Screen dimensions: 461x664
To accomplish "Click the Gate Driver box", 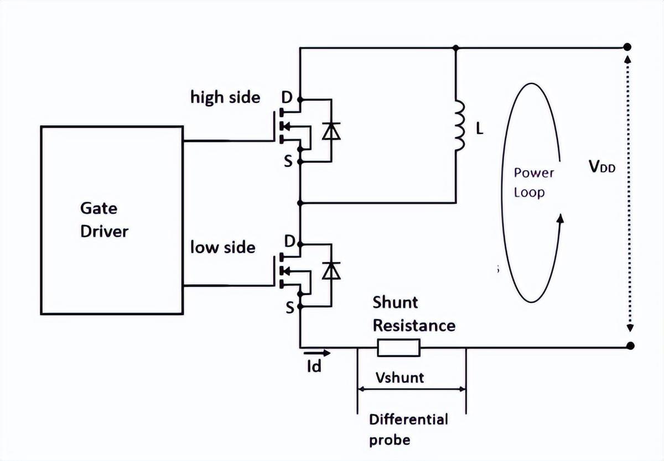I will coord(111,220).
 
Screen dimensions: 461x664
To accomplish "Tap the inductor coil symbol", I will coord(459,127).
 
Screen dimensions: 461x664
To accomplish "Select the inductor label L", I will coord(479,129).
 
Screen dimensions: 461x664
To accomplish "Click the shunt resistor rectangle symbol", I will coord(398,347).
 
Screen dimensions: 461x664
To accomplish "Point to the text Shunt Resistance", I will coord(413,314).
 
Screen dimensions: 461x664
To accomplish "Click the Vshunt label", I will coord(400,378).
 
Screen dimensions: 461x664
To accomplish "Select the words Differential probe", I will coord(408,429).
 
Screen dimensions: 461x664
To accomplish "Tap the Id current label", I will coord(314,366).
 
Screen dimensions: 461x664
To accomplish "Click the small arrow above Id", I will coord(317,352).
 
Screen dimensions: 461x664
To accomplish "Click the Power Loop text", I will coord(533,182).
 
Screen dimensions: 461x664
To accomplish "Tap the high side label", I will coord(225,97).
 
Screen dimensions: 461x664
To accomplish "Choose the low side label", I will coord(223,247).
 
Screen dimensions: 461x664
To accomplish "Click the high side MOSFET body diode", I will coord(331,130).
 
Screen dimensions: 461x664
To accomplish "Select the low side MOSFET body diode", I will coord(331,271).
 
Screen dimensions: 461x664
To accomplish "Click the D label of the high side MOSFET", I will coord(287,97).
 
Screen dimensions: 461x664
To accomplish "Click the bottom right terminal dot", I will coord(630,346).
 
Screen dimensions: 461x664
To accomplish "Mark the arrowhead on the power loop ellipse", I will coord(561,219).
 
